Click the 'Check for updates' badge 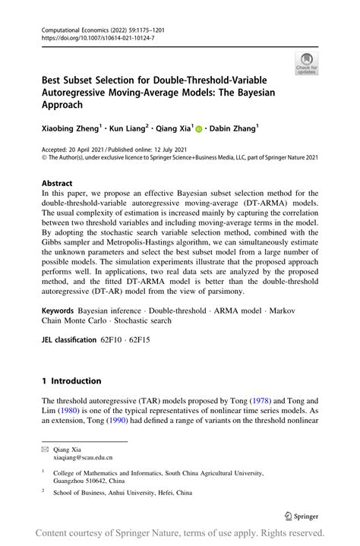pos(308,63)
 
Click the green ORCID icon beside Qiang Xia pos(199,130)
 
